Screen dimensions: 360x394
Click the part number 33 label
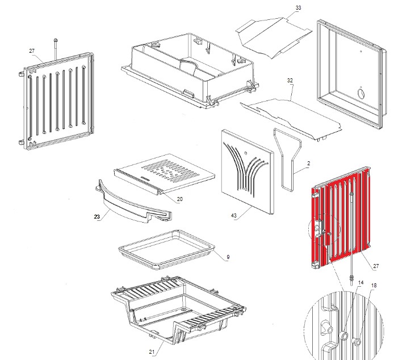click(298, 8)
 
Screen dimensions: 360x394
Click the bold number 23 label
click(96, 216)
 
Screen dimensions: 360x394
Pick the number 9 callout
click(228, 257)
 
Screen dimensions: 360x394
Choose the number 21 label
click(152, 352)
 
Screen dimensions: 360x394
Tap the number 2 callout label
click(308, 164)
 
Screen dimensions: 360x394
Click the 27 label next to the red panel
click(376, 266)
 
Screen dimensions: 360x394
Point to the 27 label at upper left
click(32, 51)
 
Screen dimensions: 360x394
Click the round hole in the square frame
click(361, 92)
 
